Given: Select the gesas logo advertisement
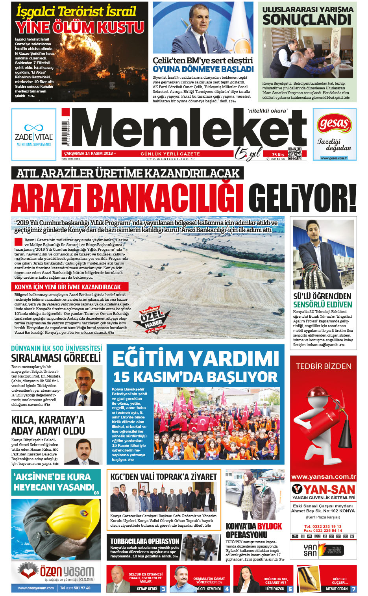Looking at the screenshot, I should (x=334, y=134).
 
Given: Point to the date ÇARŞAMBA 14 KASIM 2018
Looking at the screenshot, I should (x=89, y=154).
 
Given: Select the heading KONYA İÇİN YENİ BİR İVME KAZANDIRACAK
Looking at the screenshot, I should (x=68, y=287).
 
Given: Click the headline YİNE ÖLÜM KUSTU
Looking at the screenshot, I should (x=80, y=28).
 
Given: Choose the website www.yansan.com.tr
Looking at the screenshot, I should (x=323, y=477).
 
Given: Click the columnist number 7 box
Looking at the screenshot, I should (x=353, y=589).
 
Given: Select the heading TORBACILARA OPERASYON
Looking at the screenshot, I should (x=144, y=541).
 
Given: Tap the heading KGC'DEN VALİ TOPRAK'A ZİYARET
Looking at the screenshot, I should (x=163, y=477).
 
